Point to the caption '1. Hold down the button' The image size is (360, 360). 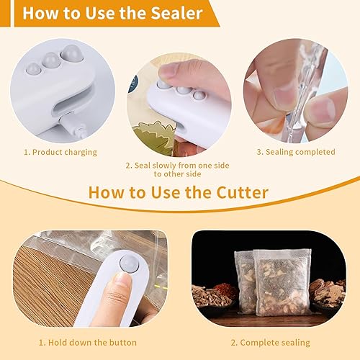[86, 342]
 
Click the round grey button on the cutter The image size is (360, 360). [130, 263]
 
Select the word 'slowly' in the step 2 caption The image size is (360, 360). [161, 165]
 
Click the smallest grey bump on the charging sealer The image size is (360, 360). [33, 68]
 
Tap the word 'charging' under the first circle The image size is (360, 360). [78, 152]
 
